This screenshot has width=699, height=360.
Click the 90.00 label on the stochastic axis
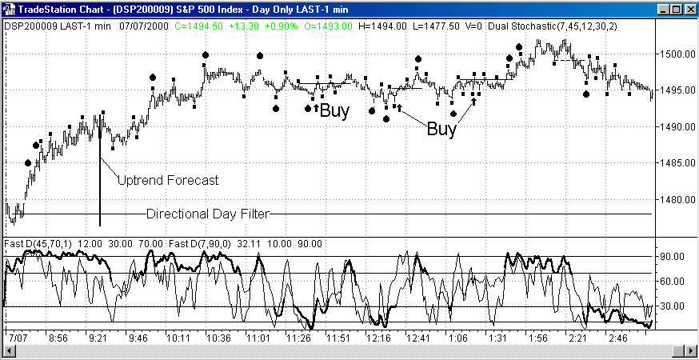(673, 257)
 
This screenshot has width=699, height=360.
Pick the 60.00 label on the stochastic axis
(673, 282)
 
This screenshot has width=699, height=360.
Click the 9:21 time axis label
(98, 339)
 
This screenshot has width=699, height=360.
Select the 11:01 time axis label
(258, 339)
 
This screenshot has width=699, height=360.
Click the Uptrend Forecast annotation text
(167, 181)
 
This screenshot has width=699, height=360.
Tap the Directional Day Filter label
(208, 214)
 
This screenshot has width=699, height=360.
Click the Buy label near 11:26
(334, 111)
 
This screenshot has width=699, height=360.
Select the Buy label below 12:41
(441, 129)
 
